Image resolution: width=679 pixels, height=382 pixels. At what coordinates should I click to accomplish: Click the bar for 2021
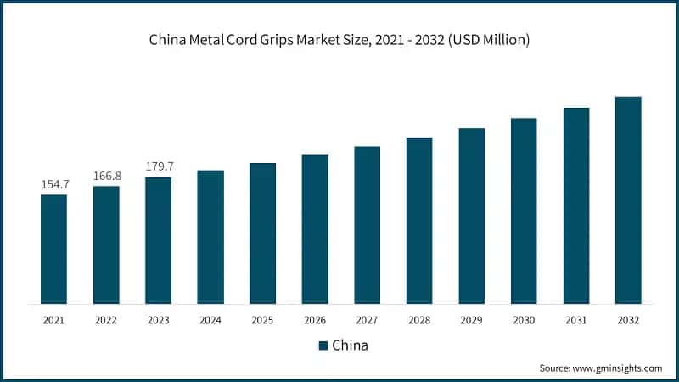coord(53,249)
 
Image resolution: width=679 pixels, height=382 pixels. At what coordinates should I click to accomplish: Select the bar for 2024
coord(210,237)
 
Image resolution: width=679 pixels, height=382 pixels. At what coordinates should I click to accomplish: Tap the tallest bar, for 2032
coord(628,199)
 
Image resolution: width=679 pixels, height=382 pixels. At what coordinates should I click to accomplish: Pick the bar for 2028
coord(419,220)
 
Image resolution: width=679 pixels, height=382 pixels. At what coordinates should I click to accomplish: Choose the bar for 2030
coord(524,211)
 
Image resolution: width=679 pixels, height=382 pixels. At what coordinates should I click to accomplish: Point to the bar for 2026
coord(315,228)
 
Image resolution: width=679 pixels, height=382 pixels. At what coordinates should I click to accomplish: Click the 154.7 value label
coord(53,184)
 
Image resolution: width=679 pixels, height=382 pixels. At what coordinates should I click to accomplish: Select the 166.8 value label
coord(106,176)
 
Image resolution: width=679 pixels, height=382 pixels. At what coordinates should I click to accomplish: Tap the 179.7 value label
coord(158,166)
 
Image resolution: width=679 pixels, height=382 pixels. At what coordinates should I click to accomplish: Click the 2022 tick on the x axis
coord(106,320)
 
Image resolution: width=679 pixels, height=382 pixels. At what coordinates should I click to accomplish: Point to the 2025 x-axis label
coord(262,320)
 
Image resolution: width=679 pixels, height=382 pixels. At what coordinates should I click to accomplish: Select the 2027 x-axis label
coord(367,320)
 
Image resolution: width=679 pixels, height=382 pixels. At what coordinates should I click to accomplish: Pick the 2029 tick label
coord(471,320)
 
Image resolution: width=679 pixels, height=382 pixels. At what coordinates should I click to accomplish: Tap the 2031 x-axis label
coord(575,320)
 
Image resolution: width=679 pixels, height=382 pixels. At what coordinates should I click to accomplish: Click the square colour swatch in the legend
coord(323,345)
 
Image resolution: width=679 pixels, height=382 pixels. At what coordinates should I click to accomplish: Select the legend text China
coord(350,345)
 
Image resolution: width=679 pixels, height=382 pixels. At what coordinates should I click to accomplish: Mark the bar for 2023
coord(158,240)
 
